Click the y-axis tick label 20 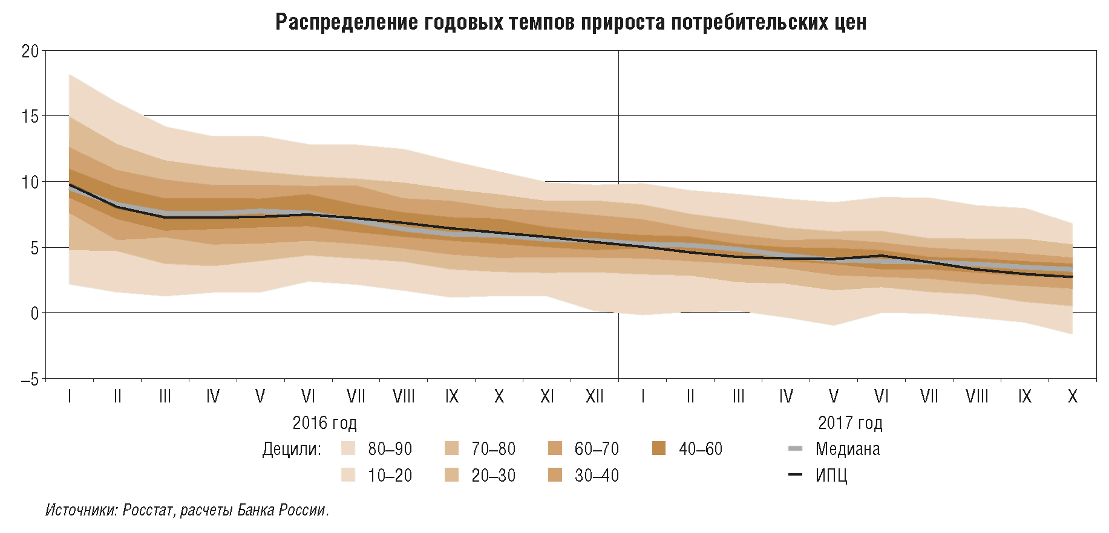coord(30,51)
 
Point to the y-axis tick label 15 coord(30,117)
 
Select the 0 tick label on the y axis coord(34,314)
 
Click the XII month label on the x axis coord(595,396)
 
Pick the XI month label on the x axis coord(547,396)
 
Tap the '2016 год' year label coord(324,423)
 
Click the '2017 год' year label coord(850,423)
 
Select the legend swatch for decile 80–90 coord(348,449)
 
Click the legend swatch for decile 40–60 coord(659,449)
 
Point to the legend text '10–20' coord(390,476)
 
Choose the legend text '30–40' coord(597,476)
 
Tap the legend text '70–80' coord(494,449)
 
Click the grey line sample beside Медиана coord(796,449)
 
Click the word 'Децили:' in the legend coord(292,450)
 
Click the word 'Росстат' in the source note coord(149,511)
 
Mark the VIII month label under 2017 coord(977,396)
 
